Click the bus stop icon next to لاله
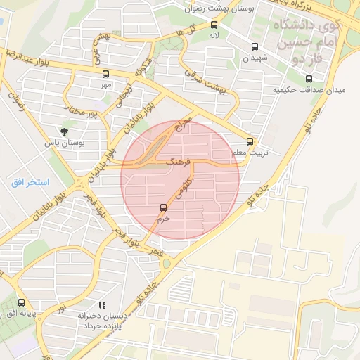pyautogui.click(x=214, y=25)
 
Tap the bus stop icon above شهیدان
pyautogui.click(x=254, y=47)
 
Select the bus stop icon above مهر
pyautogui.click(x=106, y=73)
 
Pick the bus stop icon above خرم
pyautogui.click(x=164, y=207)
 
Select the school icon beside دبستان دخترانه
pyautogui.click(x=103, y=305)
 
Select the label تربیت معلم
pyautogui.click(x=250, y=152)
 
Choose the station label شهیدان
pyautogui.click(x=256, y=59)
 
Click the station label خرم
pyautogui.click(x=164, y=219)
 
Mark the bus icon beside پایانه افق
pyautogui.click(x=20, y=302)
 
